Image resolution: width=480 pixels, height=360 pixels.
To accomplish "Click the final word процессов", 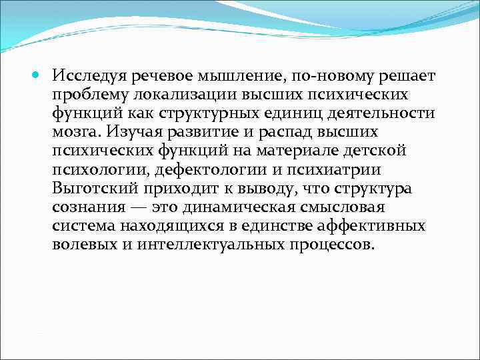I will [332, 245].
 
